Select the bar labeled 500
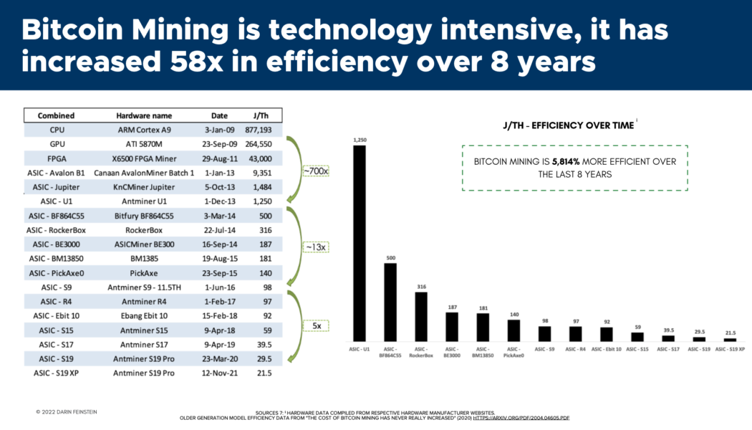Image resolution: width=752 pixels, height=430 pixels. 390,301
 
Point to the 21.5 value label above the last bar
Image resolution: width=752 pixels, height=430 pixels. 730,332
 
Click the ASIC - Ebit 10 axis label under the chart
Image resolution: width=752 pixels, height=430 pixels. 606,348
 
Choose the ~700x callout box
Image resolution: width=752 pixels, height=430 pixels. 314,171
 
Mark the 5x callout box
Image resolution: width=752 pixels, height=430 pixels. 315,325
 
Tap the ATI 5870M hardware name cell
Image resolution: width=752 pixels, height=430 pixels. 145,143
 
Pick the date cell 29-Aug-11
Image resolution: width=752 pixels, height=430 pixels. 220,158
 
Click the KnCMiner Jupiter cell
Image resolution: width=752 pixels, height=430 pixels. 145,186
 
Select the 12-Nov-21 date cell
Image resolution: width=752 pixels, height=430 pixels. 220,373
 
